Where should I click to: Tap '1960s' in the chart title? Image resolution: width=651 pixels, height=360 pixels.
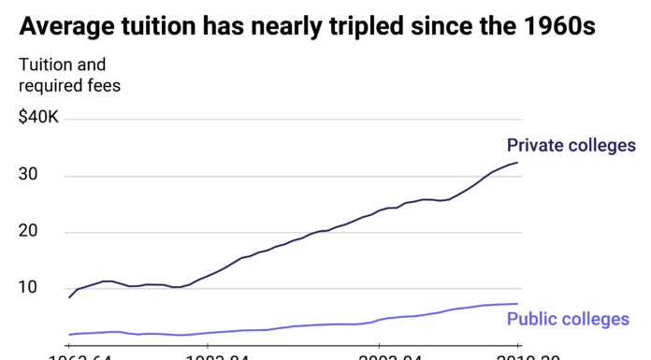[559, 26]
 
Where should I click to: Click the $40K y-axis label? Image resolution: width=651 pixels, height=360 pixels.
[39, 119]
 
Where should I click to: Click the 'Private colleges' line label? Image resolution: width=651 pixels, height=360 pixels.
[571, 145]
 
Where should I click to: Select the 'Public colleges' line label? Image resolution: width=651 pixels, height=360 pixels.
[568, 320]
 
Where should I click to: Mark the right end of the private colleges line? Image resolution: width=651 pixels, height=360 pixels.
[517, 163]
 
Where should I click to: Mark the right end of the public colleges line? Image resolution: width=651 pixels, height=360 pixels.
[517, 304]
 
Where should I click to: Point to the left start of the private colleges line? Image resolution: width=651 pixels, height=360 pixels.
[69, 297]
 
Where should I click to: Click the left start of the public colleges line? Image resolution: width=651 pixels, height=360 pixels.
[69, 335]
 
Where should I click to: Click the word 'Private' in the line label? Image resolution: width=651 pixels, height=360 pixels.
[535, 145]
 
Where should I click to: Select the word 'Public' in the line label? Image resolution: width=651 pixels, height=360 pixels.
[532, 320]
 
